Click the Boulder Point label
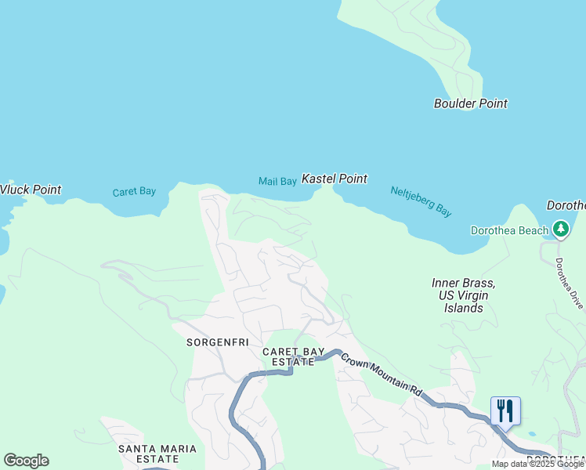[x=470, y=103]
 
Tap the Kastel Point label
[x=335, y=179]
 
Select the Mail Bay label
[x=277, y=182]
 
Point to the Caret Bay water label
[x=134, y=192]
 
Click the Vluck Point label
[x=30, y=190]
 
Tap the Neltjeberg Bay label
[x=421, y=201]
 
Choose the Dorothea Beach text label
[x=509, y=230]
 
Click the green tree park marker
[x=561, y=230]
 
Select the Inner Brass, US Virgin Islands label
[x=463, y=295]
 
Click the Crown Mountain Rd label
[x=381, y=374]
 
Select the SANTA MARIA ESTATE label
[x=157, y=454]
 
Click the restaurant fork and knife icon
[x=505, y=410]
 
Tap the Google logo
[x=26, y=461]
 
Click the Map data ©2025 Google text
[x=538, y=464]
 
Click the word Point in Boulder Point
[x=492, y=103]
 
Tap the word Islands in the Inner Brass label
[x=463, y=308]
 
